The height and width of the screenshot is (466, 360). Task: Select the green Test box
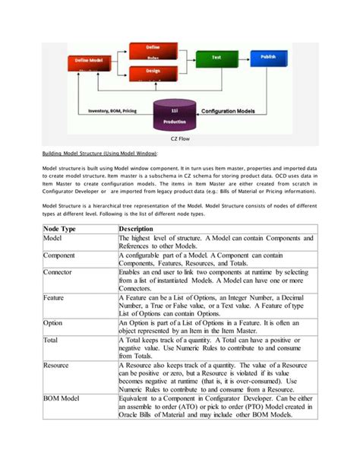216,57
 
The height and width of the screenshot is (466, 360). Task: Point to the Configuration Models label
233,111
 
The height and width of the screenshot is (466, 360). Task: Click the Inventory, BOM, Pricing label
106,111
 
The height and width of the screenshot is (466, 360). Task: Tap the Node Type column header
60,229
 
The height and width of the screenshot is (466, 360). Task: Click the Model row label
54,239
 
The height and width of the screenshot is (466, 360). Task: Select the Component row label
61,255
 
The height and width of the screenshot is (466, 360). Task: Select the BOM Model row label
63,398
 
